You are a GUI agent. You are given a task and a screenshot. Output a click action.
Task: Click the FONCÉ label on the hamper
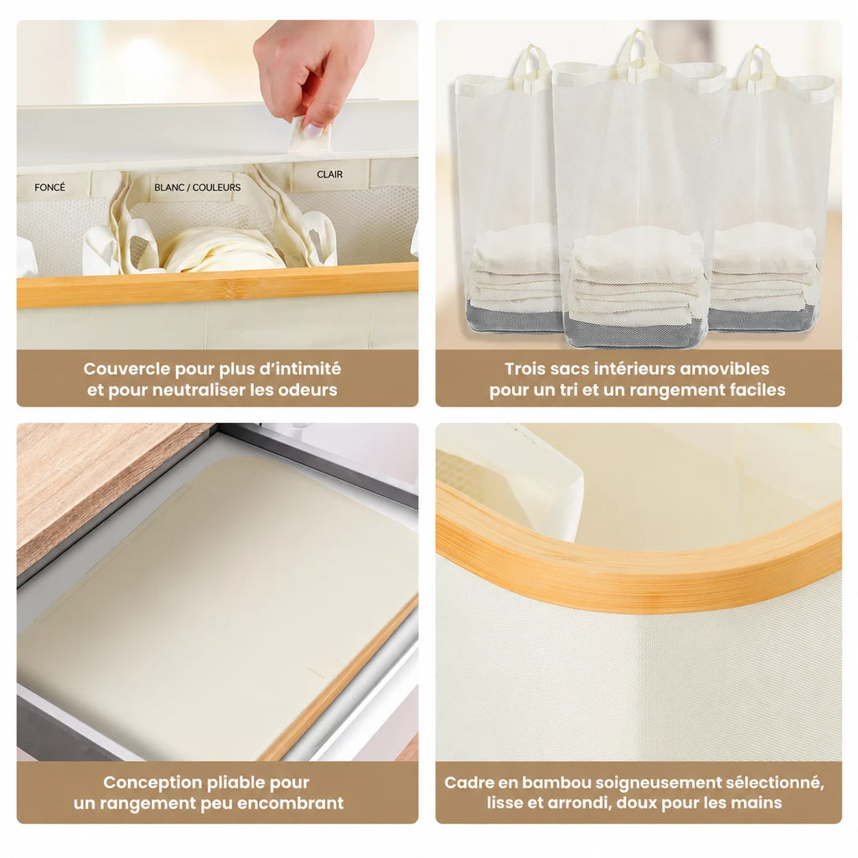click(49, 188)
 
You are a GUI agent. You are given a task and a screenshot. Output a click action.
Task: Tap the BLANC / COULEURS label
click(198, 187)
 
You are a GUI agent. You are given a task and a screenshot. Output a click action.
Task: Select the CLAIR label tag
click(329, 174)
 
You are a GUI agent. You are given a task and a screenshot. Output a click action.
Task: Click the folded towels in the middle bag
click(638, 275)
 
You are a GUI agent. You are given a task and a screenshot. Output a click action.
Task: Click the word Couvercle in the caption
click(127, 369)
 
